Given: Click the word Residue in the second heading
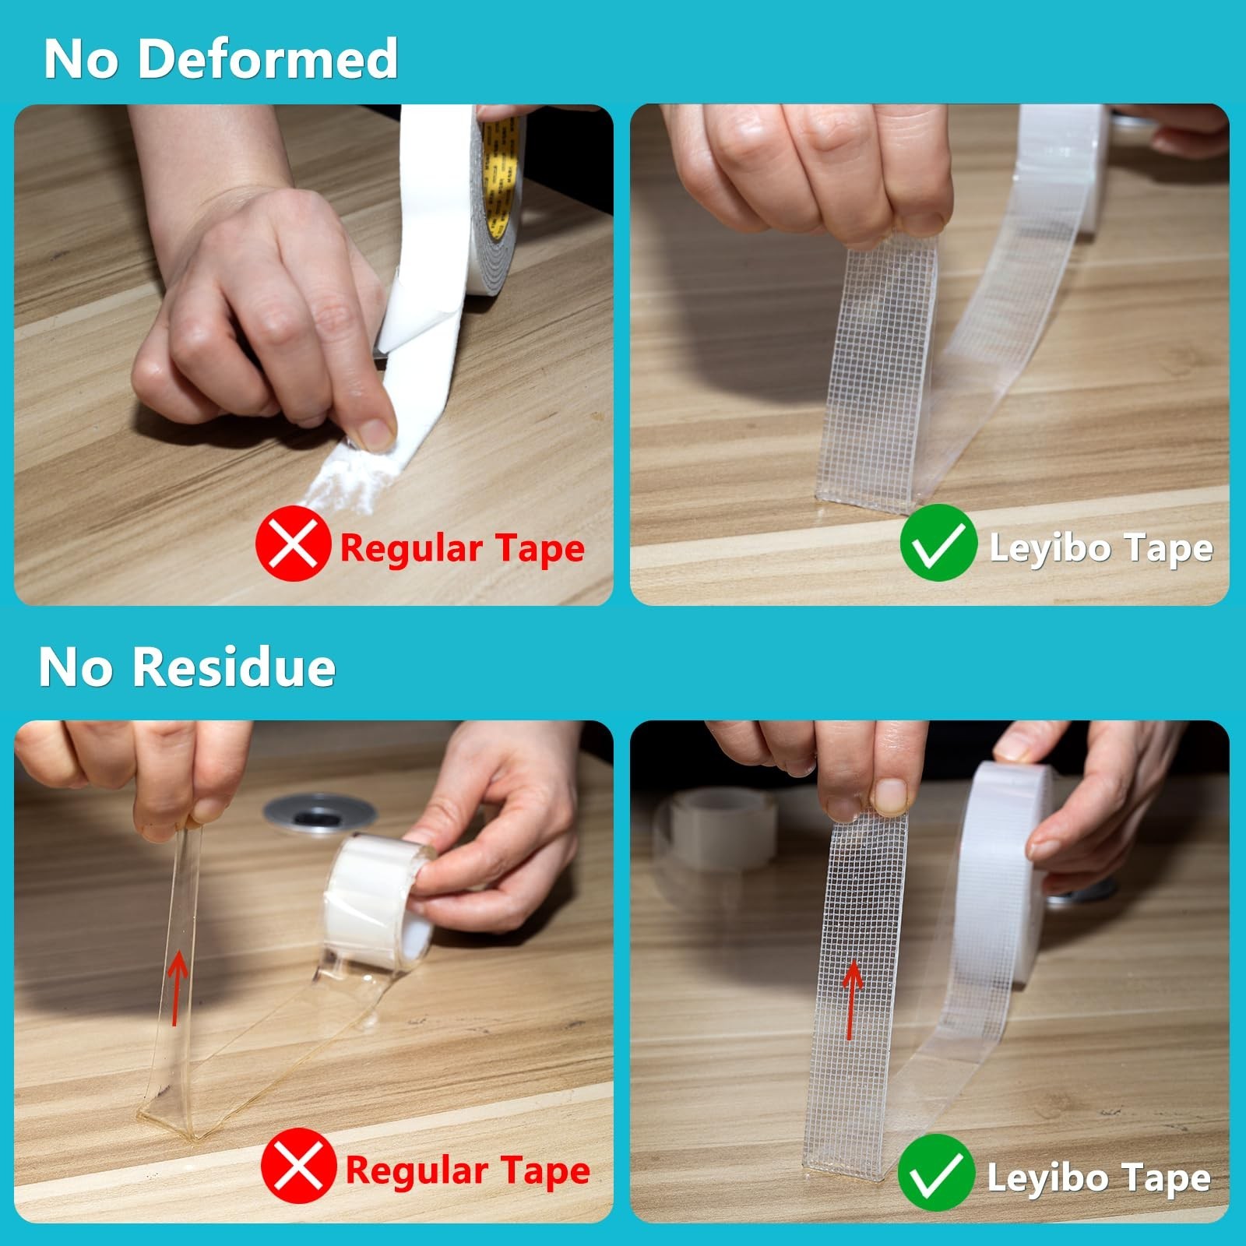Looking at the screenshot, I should pos(234,667).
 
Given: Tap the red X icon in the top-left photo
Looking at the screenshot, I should pos(293,543).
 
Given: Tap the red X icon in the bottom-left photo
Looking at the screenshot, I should pos(298,1166).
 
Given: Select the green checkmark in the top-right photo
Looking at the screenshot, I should pos(938,543).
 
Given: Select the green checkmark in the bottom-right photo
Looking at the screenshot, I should pos(935,1172).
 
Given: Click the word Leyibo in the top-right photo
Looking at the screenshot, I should pos(1049,547).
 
